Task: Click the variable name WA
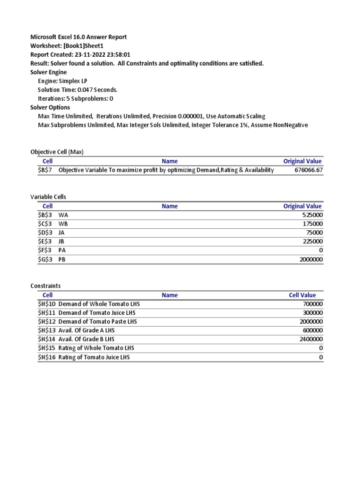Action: coord(63,215)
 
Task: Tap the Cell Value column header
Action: coord(302,295)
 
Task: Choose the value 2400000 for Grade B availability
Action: coord(310,339)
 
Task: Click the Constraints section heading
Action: coord(45,286)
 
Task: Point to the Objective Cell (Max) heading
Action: coord(57,152)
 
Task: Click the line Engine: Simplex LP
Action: coord(62,81)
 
